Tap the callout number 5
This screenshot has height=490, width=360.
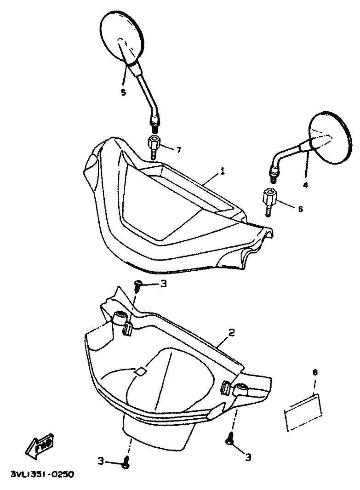point(123,92)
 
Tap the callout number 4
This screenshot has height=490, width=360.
point(305,185)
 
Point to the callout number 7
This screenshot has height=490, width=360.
point(179,150)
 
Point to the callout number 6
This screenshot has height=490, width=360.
point(301,208)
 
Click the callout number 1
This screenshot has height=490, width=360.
point(222,172)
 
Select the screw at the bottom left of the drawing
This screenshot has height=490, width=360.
point(126,465)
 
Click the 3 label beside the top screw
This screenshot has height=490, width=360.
point(164,284)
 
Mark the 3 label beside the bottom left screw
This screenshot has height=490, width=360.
point(101,461)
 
